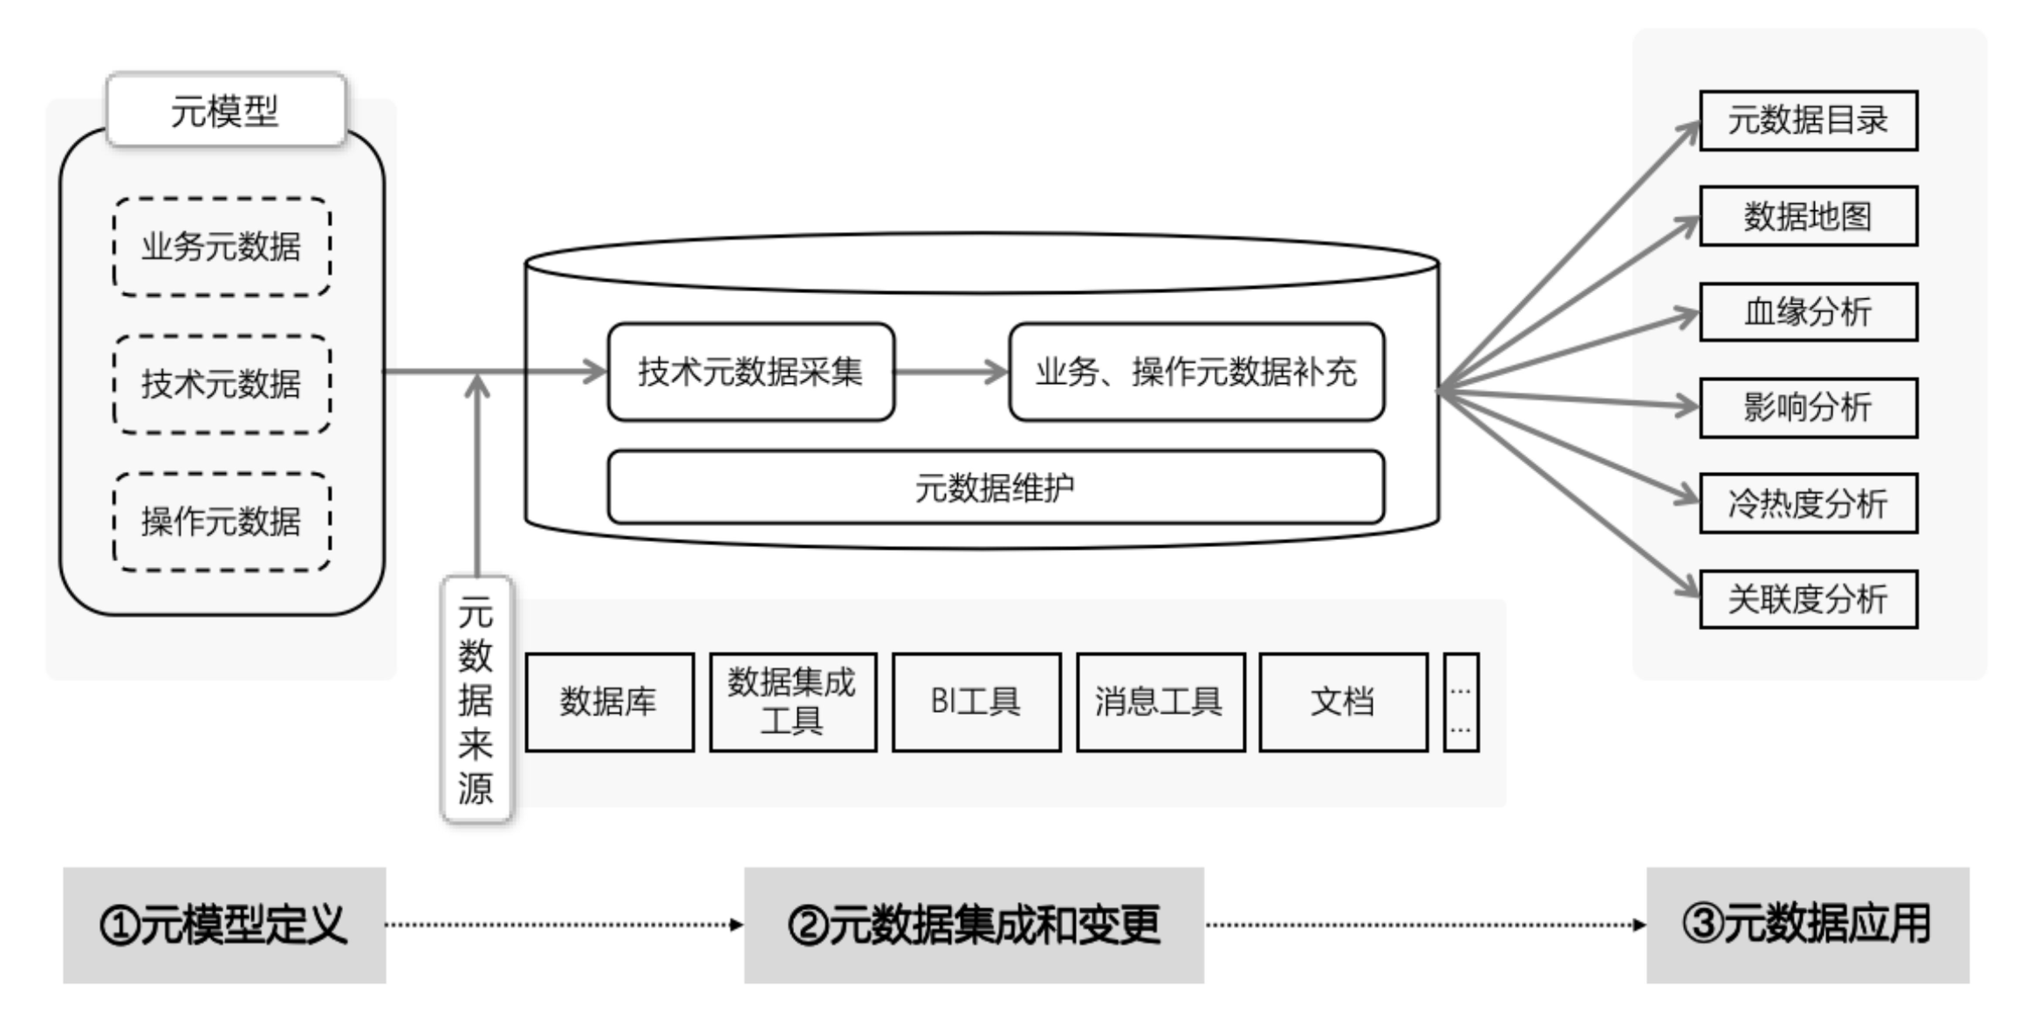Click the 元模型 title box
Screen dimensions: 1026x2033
tap(226, 109)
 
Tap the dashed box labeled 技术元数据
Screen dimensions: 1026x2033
tap(222, 384)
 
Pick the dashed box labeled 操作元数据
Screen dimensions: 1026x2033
tap(222, 522)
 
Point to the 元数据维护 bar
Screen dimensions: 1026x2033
tap(995, 487)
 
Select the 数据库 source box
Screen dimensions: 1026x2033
tap(609, 701)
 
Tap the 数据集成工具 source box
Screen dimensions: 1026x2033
tap(792, 701)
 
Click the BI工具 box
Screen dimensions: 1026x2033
tap(976, 701)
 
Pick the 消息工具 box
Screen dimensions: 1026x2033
tap(1160, 701)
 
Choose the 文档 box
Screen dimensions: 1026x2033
tap(1343, 701)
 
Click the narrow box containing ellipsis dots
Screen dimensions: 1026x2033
tap(1461, 701)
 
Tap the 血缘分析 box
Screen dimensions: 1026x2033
tap(1808, 312)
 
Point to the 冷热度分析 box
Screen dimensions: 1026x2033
tap(1808, 503)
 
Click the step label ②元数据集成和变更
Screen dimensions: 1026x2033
tap(974, 925)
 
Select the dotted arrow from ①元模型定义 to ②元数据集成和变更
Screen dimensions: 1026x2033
tap(564, 925)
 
